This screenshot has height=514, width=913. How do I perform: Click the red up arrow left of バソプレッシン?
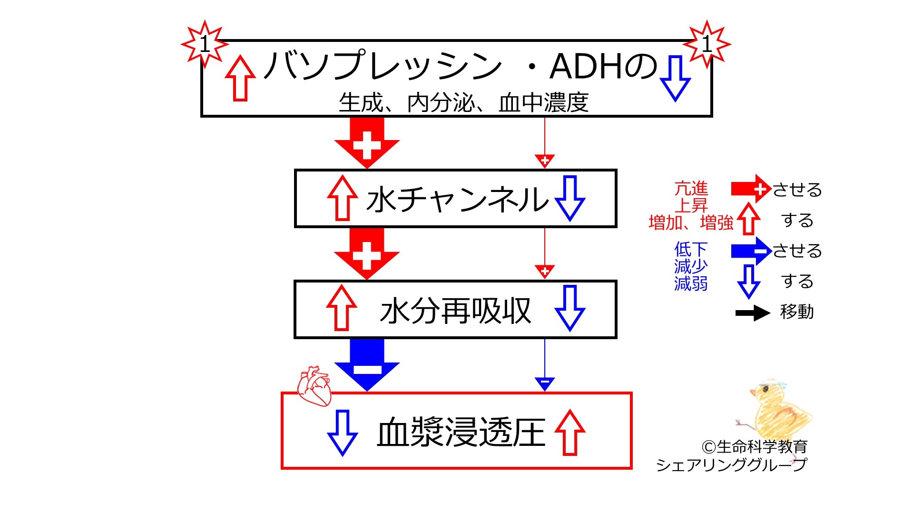[240, 78]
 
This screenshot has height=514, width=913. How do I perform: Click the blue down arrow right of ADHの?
[675, 78]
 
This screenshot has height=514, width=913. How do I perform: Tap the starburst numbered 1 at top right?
[707, 44]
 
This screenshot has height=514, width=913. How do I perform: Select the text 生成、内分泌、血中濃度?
[463, 102]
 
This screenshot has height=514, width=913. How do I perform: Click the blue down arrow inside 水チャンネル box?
[569, 198]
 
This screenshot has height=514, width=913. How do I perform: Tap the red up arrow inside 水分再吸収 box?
[342, 308]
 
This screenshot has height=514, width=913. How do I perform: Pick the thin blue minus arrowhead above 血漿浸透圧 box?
[545, 383]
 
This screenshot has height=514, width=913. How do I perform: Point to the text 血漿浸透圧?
[461, 433]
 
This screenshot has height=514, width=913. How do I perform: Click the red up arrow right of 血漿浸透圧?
[569, 433]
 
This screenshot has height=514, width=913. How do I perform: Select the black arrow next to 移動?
[752, 313]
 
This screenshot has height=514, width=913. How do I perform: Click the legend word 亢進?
[691, 189]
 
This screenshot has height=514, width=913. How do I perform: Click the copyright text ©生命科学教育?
[754, 447]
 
